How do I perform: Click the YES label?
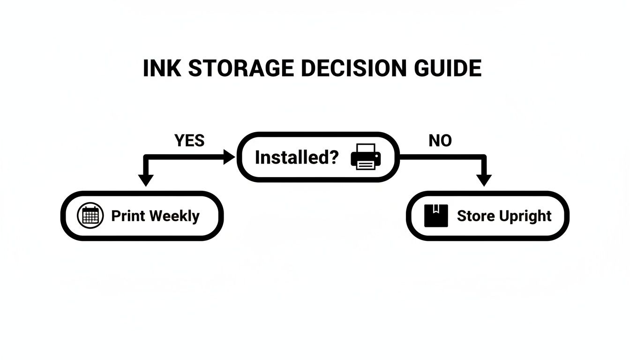pos(189,141)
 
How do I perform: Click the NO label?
pos(440,141)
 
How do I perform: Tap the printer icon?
pos(366,157)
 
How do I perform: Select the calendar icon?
pos(90,216)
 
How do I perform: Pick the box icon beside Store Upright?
pos(435,216)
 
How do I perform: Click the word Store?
pos(475,216)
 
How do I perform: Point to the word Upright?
pos(525,217)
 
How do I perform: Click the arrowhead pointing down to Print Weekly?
pos(146,180)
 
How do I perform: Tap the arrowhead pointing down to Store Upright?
pos(484,180)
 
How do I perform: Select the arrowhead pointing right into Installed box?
pos(229,157)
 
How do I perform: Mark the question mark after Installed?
pos(333,157)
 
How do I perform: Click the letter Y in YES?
pos(179,141)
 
